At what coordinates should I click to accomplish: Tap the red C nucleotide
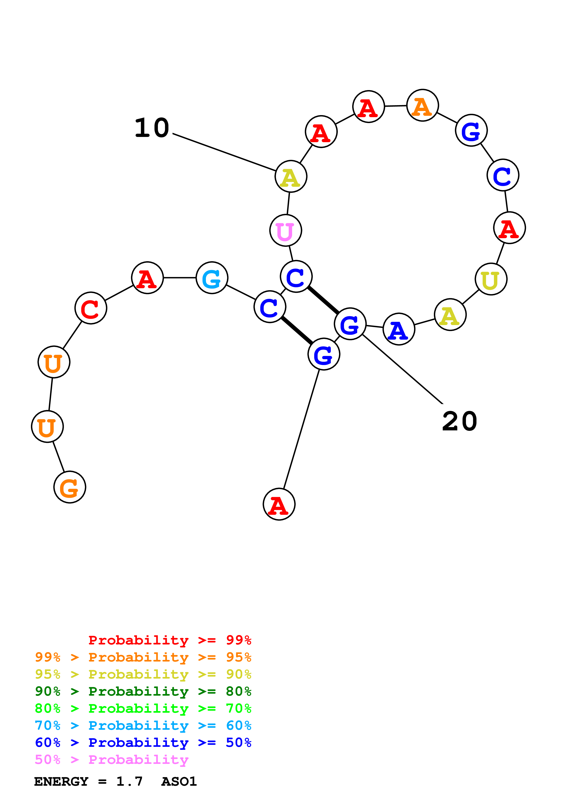(91, 308)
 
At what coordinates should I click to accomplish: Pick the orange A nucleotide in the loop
(422, 105)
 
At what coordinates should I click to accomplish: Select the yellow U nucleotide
(491, 279)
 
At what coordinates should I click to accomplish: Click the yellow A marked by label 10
(291, 177)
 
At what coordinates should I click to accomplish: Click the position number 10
(152, 128)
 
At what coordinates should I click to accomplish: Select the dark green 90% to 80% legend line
(143, 691)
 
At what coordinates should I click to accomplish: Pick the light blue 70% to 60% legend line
(143, 725)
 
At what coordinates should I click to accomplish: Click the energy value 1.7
(129, 781)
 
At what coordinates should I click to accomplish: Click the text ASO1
(179, 781)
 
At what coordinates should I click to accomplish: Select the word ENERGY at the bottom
(61, 781)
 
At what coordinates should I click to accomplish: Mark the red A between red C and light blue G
(147, 278)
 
